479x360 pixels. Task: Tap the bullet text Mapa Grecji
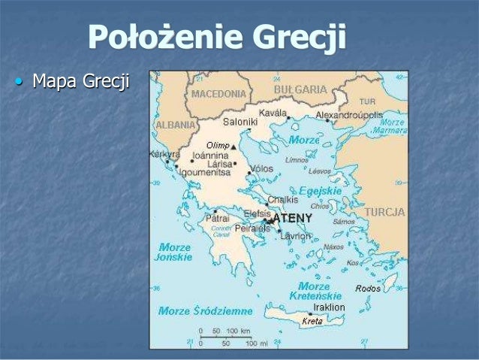tap(80, 80)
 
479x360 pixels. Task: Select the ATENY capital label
tap(292, 218)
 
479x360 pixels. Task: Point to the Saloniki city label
tap(240, 121)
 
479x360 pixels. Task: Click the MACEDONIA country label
tap(218, 94)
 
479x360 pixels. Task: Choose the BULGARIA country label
tap(300, 89)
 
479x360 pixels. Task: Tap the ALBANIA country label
tap(176, 125)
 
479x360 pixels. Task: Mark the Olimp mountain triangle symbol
tap(233, 147)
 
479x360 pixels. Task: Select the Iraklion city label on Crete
tap(329, 307)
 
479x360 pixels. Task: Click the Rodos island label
tap(368, 289)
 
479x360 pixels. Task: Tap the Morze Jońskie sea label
tap(175, 252)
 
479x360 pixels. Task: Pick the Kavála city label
tap(274, 113)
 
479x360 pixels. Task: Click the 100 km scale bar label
tap(238, 331)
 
